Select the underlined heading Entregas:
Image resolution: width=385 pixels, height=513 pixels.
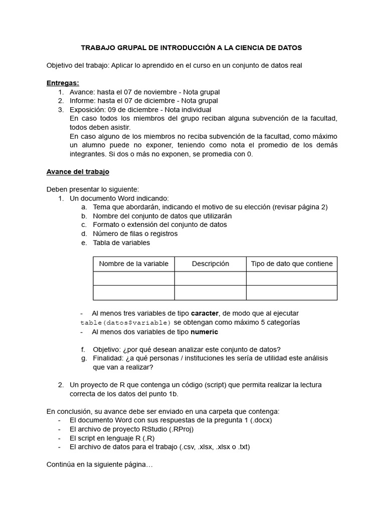(63, 83)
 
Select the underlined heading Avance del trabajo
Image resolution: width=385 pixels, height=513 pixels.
(78, 171)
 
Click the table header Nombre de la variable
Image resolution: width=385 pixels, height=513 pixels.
(134, 264)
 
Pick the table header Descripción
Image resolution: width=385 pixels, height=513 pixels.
(210, 264)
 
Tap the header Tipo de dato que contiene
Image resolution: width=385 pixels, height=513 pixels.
(291, 264)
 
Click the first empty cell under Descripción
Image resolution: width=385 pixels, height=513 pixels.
(210, 278)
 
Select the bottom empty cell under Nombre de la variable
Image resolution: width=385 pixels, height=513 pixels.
(134, 293)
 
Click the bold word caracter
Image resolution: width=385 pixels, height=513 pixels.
(209, 313)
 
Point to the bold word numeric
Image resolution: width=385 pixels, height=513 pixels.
(204, 332)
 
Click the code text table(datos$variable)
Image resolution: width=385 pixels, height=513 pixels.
(126, 322)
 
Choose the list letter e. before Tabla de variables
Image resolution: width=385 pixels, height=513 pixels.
(83, 242)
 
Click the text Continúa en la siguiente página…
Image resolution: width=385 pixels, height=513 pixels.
(99, 464)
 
